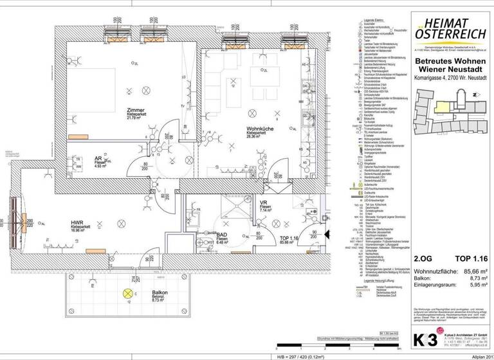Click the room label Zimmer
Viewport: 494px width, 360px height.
pos(136,110)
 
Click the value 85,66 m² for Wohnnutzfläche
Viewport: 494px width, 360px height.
pos(469,272)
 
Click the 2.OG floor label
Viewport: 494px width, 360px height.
pos(423,259)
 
